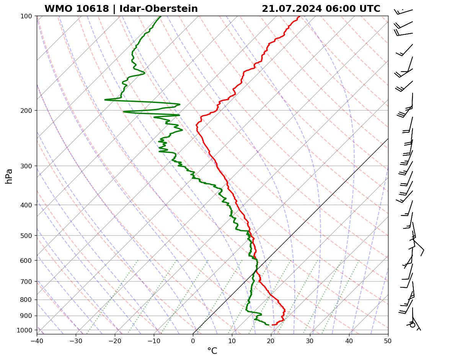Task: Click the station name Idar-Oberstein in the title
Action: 158,9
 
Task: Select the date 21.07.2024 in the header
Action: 292,9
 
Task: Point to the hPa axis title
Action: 9,176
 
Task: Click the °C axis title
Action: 212,351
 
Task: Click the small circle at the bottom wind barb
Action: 412,325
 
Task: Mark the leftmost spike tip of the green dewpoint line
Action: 105,100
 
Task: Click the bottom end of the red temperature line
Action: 272,325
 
